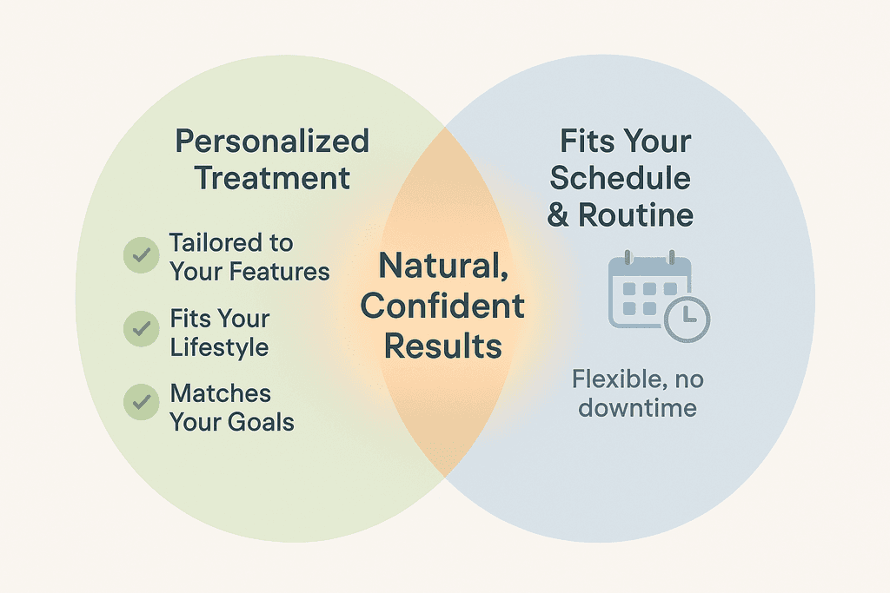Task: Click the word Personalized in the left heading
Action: coord(272,142)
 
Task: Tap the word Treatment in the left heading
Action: coord(272,178)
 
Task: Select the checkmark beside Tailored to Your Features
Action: coord(142,254)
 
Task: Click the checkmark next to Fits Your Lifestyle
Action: coord(142,328)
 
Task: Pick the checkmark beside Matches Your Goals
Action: coord(142,402)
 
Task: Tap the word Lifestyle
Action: coord(219,348)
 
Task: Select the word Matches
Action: coord(221,393)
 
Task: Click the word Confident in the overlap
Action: coord(442,306)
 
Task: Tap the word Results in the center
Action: coord(443,346)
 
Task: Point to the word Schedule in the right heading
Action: coord(621,178)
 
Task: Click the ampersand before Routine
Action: coord(558,215)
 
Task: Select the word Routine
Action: coord(635,215)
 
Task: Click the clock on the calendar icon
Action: coord(687,319)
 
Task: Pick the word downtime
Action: coord(637,408)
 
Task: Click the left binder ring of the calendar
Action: coord(628,258)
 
